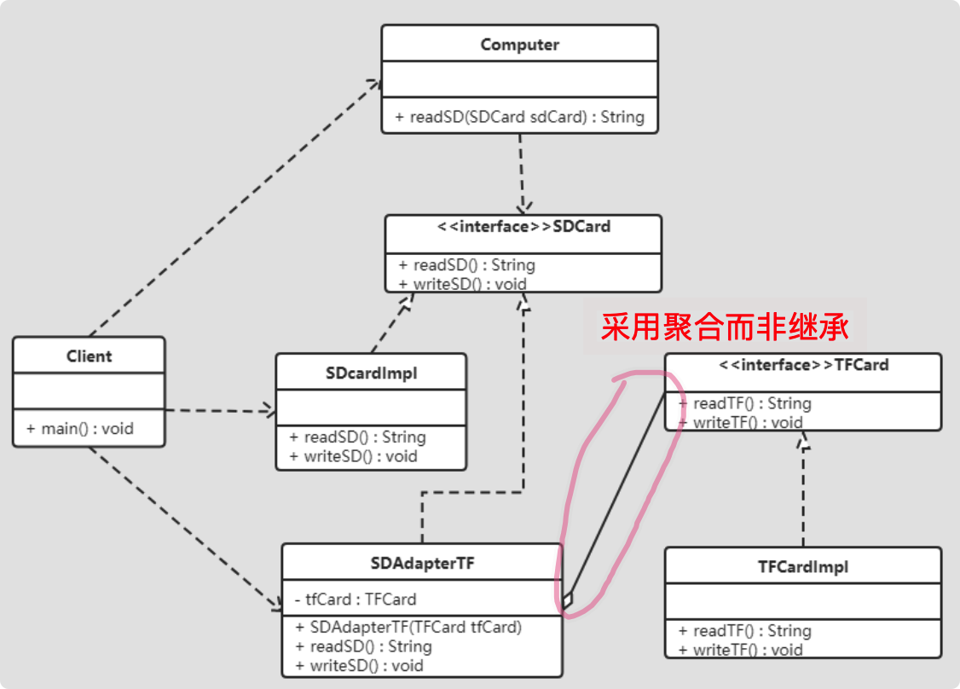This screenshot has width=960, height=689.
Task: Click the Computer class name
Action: pyautogui.click(x=519, y=44)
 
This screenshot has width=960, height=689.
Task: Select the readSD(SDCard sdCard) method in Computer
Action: pyautogui.click(x=519, y=117)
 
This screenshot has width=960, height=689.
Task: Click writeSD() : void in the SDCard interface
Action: pyautogui.click(x=462, y=284)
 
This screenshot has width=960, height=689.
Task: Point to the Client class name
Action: pyautogui.click(x=89, y=356)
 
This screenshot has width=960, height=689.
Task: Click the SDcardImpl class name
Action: pyautogui.click(x=371, y=373)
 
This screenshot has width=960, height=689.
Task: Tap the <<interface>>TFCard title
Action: pyautogui.click(x=803, y=365)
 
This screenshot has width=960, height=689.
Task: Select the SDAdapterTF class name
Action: pyautogui.click(x=422, y=563)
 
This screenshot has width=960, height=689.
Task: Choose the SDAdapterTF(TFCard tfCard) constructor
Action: pyautogui.click(x=408, y=627)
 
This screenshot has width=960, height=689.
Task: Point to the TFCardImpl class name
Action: pyautogui.click(x=802, y=566)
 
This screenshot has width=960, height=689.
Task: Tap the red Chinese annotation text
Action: pyautogui.click(x=725, y=327)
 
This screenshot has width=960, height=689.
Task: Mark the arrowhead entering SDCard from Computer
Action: pyautogui.click(x=524, y=207)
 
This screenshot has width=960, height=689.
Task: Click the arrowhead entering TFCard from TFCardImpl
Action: pyautogui.click(x=802, y=439)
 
